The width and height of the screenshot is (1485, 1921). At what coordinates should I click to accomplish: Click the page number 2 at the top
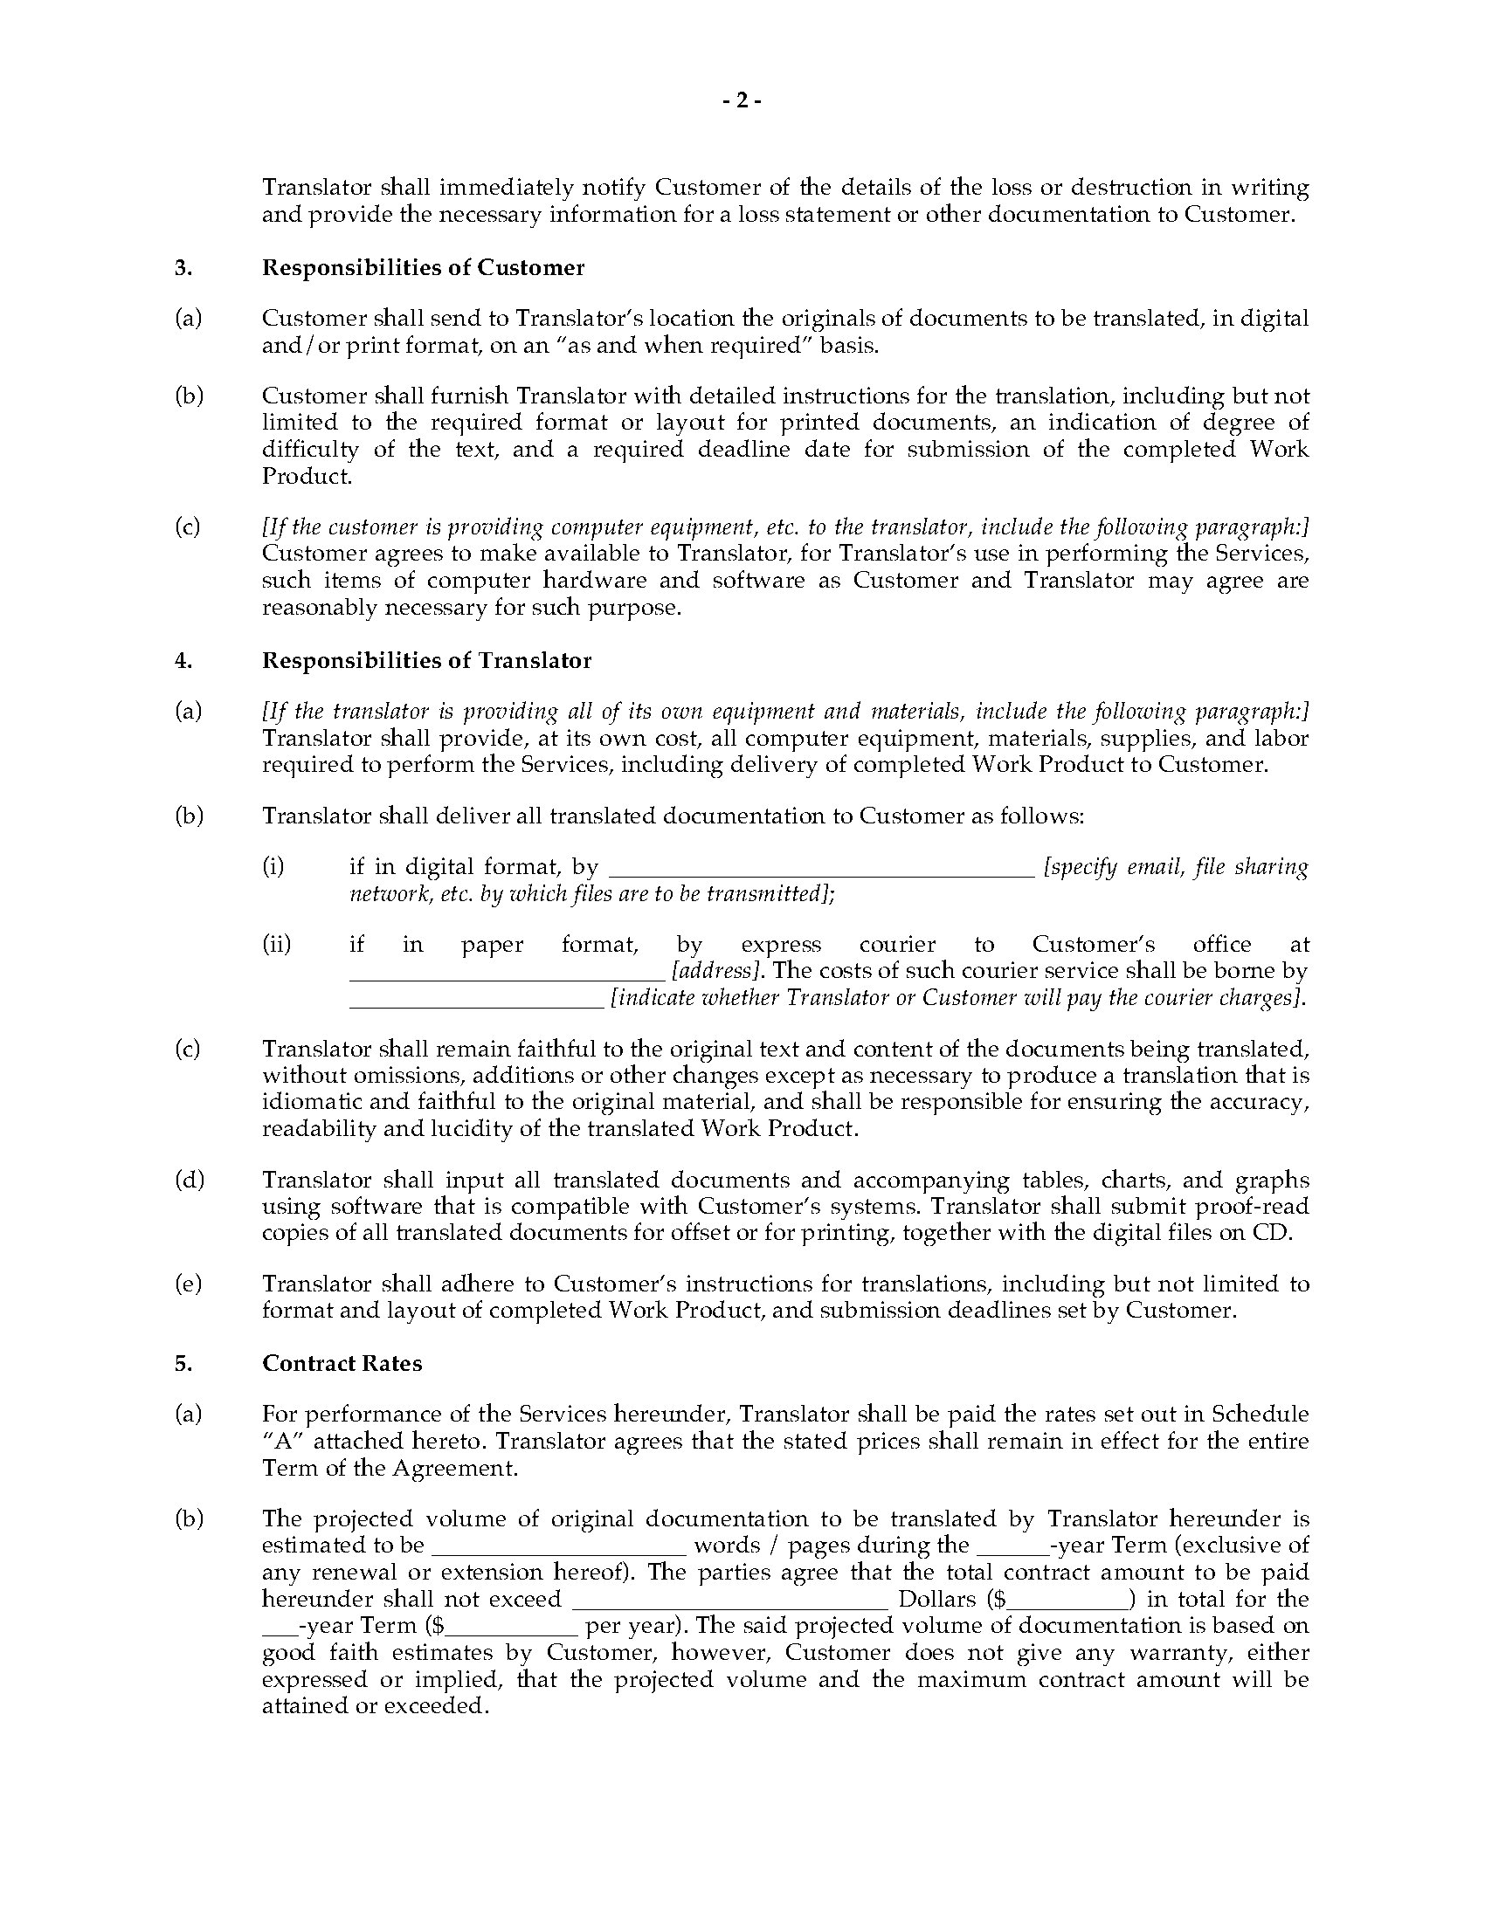pos(742,101)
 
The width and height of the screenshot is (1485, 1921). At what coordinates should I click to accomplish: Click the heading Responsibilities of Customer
pos(423,267)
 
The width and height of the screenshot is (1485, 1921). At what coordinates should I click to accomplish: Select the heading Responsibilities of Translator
pos(426,661)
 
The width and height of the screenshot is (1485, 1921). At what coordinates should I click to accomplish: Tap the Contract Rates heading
pos(342,1363)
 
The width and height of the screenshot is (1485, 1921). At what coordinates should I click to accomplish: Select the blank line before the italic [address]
pos(507,974)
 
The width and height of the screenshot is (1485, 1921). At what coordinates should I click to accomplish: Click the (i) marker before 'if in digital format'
pos(273,866)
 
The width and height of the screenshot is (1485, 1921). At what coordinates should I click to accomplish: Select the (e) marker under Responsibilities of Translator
pos(189,1284)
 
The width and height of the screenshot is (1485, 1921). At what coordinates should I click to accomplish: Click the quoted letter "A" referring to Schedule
pos(281,1441)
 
